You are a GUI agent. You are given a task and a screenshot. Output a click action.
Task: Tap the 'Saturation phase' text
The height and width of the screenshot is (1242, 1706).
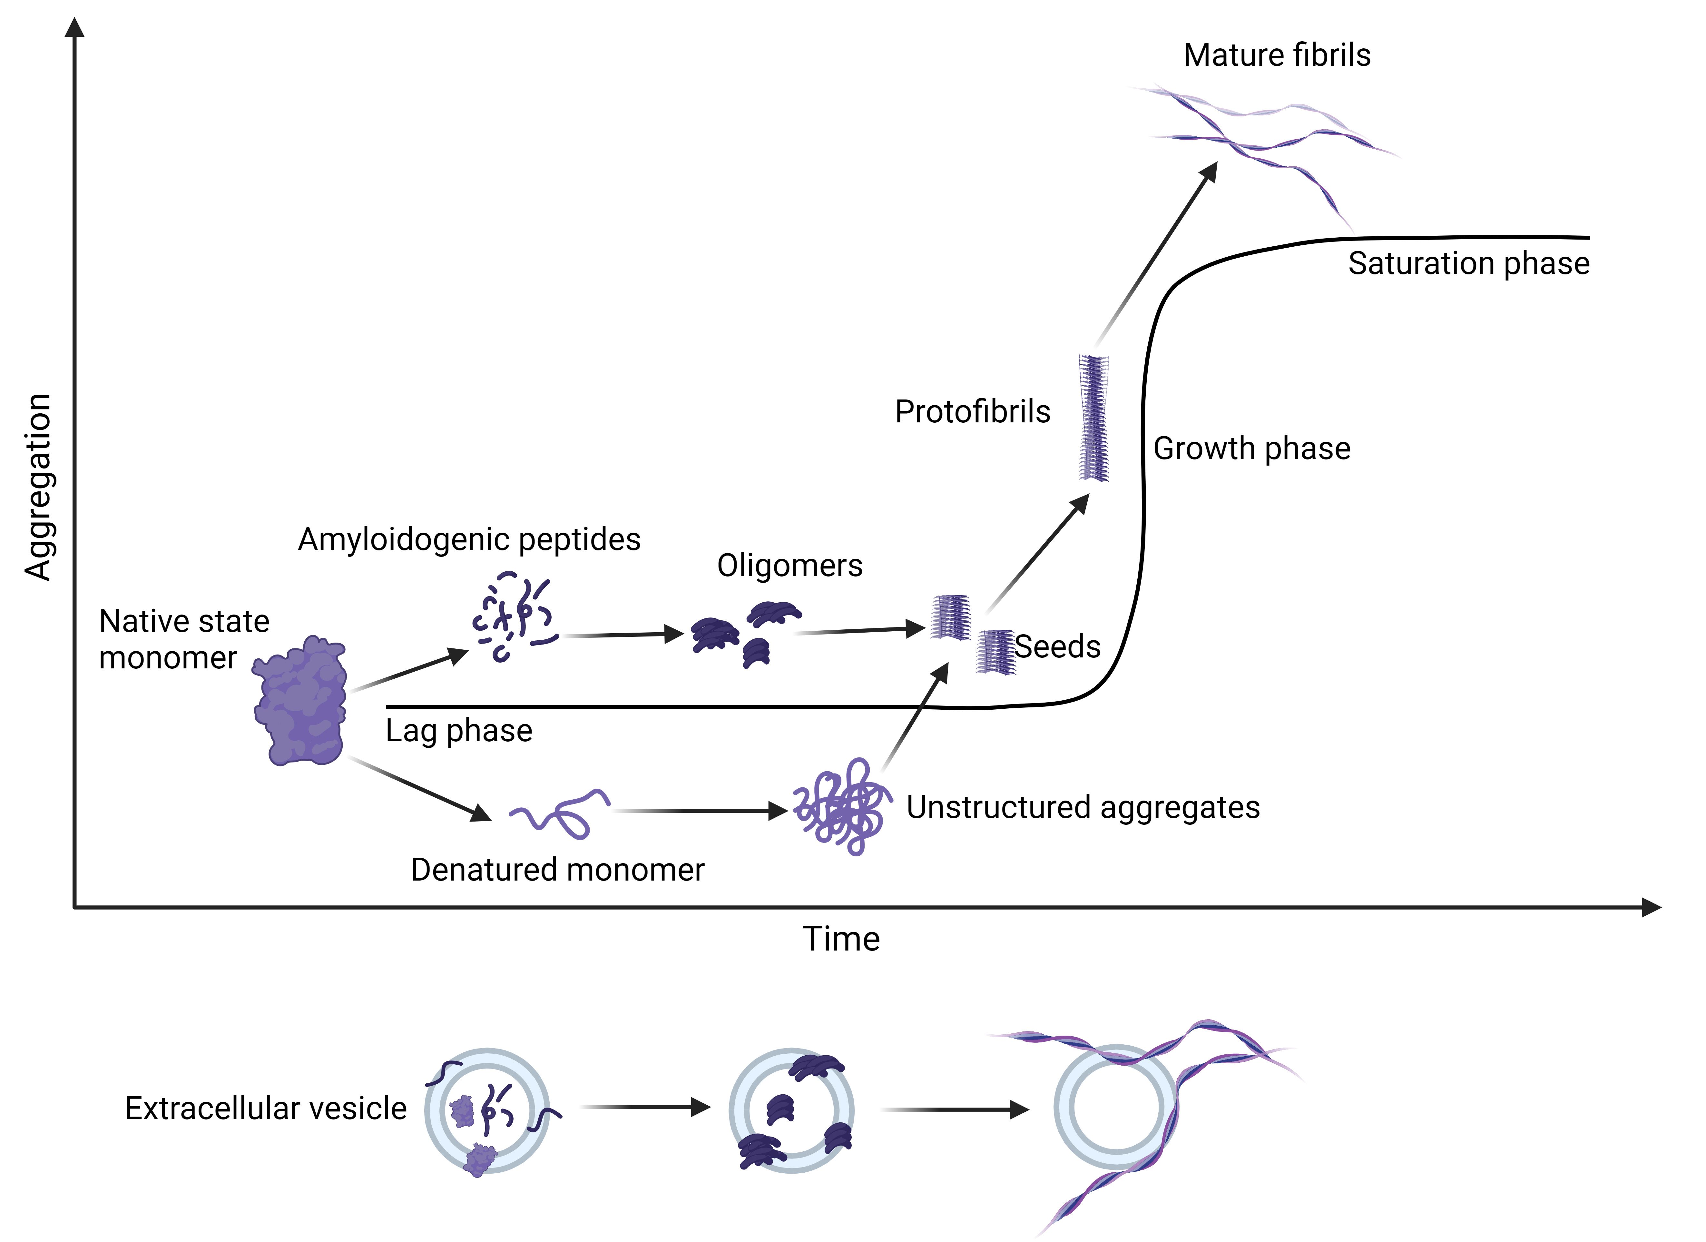[x=1468, y=263]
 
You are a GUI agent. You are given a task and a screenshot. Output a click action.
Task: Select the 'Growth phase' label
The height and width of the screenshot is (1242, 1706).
[x=1252, y=448]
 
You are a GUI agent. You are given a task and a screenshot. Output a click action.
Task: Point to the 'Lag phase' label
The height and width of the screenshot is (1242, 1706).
[x=459, y=730]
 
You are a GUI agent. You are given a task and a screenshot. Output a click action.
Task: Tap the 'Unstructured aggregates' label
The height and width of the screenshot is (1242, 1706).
[x=1083, y=807]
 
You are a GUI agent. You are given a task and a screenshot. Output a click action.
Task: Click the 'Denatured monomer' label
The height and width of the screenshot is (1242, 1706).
[x=557, y=870]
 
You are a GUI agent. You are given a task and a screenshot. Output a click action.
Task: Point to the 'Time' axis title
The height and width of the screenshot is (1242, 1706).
[x=841, y=939]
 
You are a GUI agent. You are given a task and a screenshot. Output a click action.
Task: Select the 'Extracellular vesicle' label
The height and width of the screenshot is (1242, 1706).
[x=266, y=1108]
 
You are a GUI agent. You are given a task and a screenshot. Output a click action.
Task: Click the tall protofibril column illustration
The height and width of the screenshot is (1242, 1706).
[x=1093, y=418]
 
